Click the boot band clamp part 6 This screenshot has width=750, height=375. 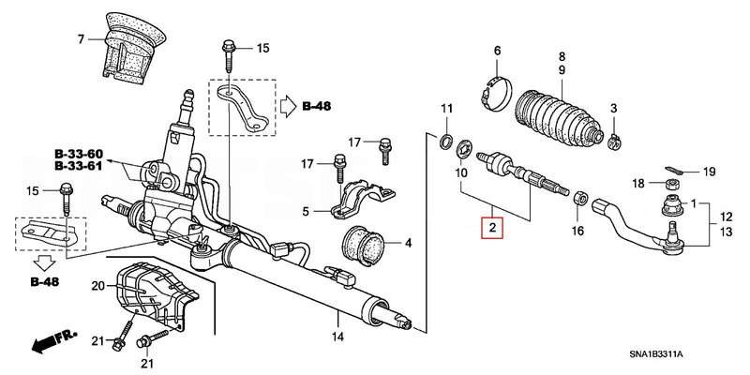click(498, 86)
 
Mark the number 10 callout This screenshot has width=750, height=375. click(461, 174)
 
